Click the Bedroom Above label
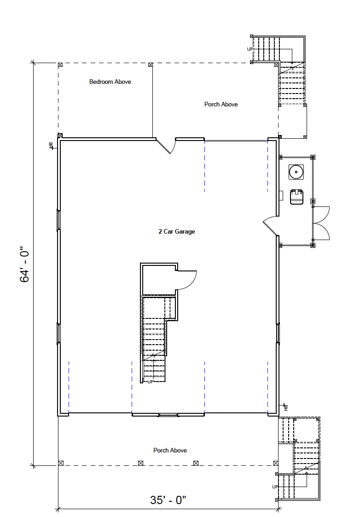(x=110, y=82)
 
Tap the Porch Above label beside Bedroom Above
(x=221, y=105)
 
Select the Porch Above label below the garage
(x=170, y=450)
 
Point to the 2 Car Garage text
(x=176, y=231)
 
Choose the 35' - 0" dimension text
(x=168, y=500)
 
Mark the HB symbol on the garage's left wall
(x=51, y=145)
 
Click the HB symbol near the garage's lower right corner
(x=285, y=407)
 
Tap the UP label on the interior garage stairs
(x=150, y=382)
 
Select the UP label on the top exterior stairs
(x=250, y=49)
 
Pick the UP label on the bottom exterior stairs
(x=275, y=487)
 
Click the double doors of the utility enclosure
(x=321, y=223)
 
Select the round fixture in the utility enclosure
(x=296, y=172)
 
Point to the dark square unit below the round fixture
(x=297, y=197)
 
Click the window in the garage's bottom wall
(x=168, y=415)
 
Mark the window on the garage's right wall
(x=278, y=333)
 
